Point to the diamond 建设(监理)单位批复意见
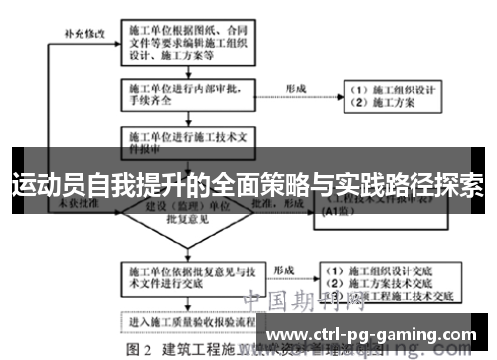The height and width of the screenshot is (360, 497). pyautogui.click(x=188, y=212)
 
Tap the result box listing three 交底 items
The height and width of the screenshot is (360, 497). pyautogui.click(x=392, y=281)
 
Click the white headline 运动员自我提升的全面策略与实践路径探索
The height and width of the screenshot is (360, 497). pyautogui.click(x=248, y=185)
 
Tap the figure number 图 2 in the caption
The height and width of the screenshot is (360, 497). pyautogui.click(x=136, y=350)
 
